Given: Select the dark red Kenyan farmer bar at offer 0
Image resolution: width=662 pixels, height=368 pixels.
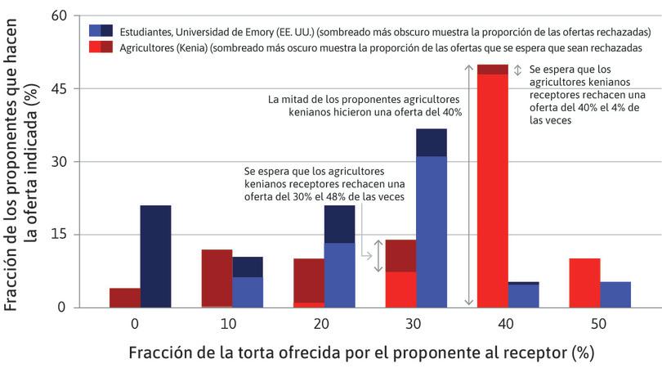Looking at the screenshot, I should point(125,298).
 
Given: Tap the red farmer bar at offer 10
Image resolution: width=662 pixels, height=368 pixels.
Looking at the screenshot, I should point(217,278).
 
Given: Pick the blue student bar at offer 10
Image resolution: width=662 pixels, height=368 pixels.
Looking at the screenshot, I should point(248,282).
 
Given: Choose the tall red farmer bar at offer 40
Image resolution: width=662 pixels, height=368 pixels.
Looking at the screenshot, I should point(492,188).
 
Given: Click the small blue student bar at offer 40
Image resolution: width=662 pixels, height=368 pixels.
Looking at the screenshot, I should point(523,294).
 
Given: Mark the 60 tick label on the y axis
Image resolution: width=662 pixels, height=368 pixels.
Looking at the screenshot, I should point(59,16).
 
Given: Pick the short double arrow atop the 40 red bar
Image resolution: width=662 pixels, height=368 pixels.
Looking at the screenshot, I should point(517,70).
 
